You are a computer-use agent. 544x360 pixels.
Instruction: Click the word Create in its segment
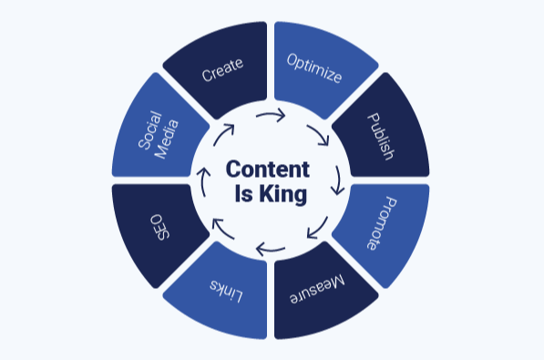click(x=222, y=69)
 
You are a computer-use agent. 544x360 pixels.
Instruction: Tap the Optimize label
click(x=314, y=68)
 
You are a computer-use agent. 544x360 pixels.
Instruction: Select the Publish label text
click(x=381, y=137)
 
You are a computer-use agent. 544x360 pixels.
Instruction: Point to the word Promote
click(x=382, y=223)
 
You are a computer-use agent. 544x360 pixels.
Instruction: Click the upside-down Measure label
click(x=317, y=289)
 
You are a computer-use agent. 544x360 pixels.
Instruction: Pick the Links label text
click(x=226, y=291)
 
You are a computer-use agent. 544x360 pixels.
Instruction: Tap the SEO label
click(x=160, y=227)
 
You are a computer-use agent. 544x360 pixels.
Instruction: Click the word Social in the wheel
click(x=149, y=130)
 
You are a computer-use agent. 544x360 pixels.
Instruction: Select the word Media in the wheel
click(x=167, y=139)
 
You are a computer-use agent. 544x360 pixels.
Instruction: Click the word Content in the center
click(x=268, y=170)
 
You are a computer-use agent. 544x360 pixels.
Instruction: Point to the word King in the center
click(x=283, y=193)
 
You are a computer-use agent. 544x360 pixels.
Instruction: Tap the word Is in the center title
click(x=243, y=193)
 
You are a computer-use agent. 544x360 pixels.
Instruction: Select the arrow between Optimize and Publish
click(x=320, y=134)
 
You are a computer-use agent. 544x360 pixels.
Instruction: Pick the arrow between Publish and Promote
click(x=338, y=180)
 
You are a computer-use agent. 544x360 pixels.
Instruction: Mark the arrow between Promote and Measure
click(x=319, y=229)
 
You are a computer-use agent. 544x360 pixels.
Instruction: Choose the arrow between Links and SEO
click(x=222, y=228)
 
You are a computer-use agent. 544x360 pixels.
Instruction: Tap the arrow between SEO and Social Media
click(x=203, y=181)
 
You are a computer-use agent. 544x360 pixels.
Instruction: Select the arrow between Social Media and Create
click(x=222, y=134)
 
